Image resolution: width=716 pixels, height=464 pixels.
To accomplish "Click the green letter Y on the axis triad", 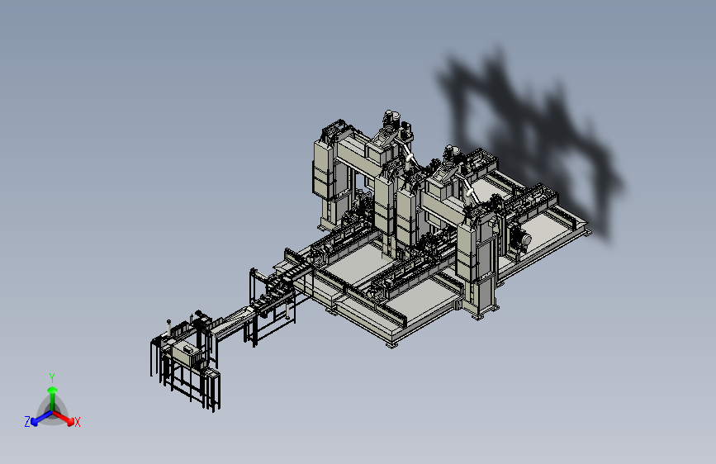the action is click(52, 377).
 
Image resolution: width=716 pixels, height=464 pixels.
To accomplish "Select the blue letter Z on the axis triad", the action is click(27, 422).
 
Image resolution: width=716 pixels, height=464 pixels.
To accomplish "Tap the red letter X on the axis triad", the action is click(77, 422).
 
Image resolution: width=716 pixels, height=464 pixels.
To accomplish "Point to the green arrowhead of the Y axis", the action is click(53, 390).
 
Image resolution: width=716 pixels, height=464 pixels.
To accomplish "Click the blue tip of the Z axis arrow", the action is click(35, 423).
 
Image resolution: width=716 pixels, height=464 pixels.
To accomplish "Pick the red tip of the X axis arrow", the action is click(70, 421).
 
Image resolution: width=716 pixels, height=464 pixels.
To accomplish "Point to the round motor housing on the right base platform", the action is click(520, 239).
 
